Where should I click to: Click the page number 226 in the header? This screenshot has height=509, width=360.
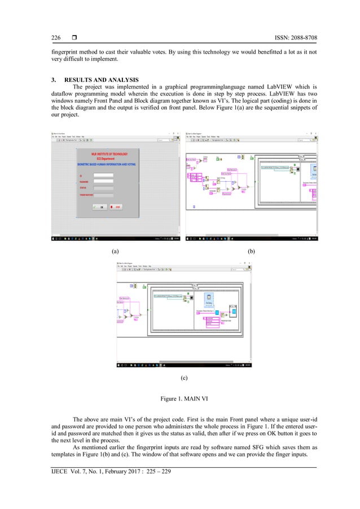[x=56, y=38]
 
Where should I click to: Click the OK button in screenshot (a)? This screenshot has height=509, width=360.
[x=100, y=207]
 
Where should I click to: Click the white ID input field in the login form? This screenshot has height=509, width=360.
[x=103, y=175]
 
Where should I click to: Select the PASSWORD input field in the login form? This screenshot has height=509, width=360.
[x=103, y=182]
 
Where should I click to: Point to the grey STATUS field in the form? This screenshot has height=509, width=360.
[x=103, y=188]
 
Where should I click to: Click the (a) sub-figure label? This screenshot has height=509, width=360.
[x=115, y=249]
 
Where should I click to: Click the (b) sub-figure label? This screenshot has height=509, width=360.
[x=251, y=249]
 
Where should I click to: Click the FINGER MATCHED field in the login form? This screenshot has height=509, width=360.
[x=103, y=195]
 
